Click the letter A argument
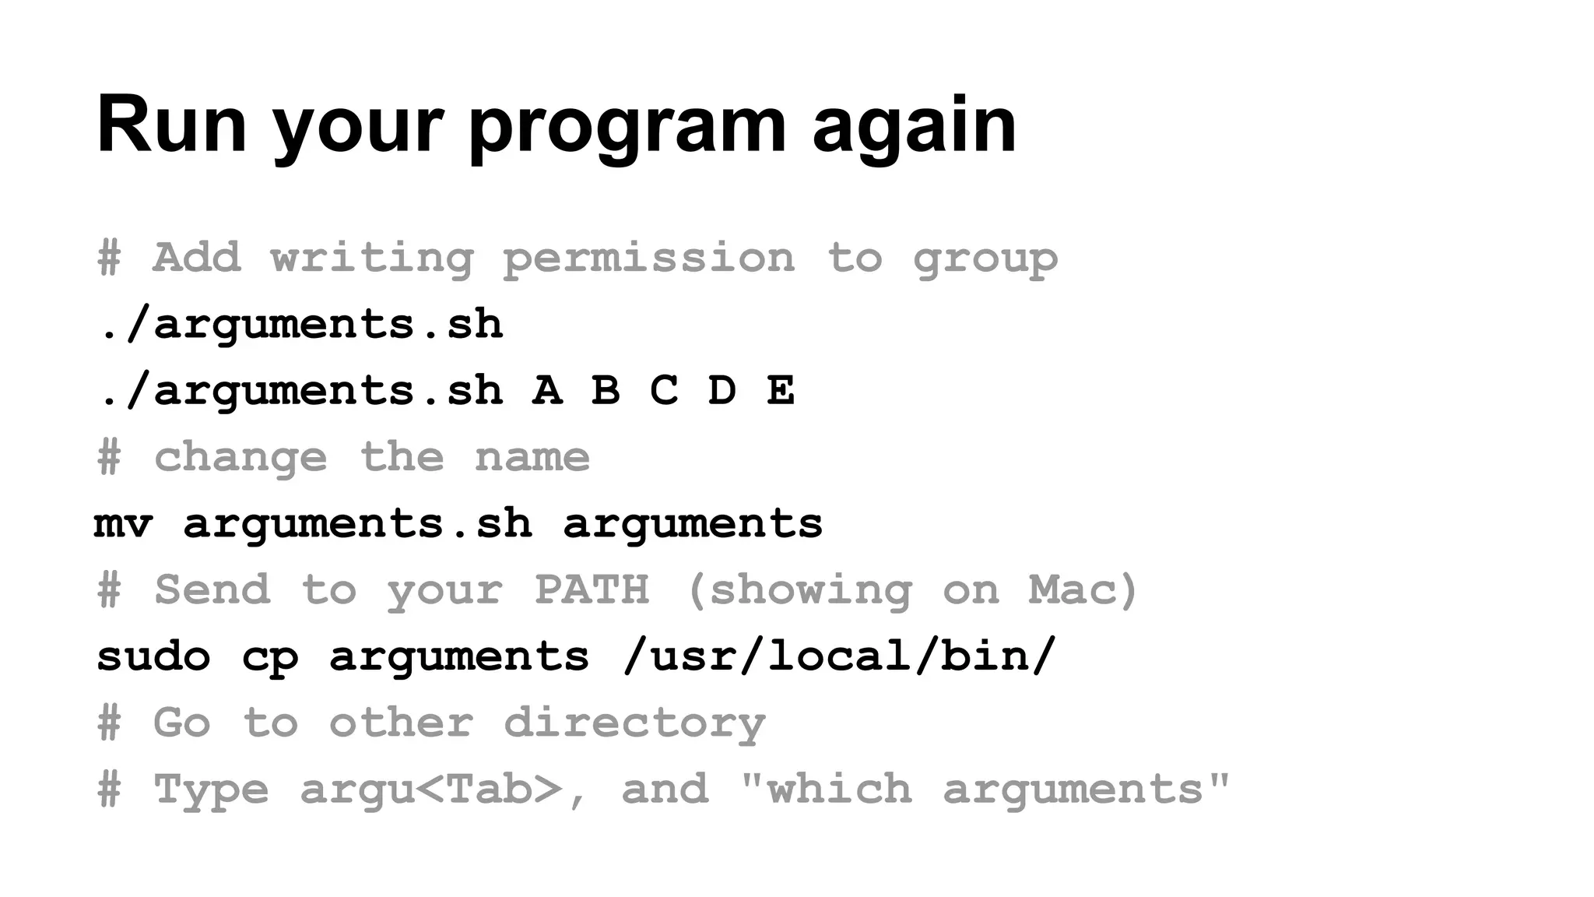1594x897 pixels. [x=547, y=390]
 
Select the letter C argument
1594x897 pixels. [x=664, y=390]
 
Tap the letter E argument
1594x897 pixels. [x=781, y=390]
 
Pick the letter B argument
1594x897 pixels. [x=606, y=390]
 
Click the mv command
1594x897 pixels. [x=123, y=523]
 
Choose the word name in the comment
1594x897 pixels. [x=532, y=457]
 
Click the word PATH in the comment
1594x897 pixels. [x=592, y=589]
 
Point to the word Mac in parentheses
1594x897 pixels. [x=1074, y=589]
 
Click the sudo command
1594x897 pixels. [x=153, y=656]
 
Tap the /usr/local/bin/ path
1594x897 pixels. [x=839, y=656]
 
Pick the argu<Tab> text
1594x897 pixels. [x=431, y=790]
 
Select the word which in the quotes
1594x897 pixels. [x=839, y=790]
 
